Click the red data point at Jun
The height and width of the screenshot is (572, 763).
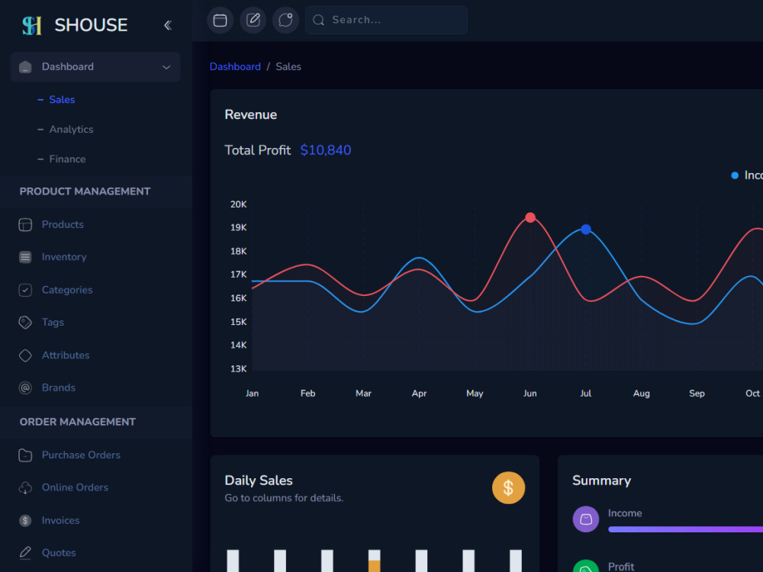pyautogui.click(x=530, y=217)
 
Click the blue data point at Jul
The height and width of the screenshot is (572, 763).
pyautogui.click(x=586, y=229)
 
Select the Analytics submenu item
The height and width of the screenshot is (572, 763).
pyautogui.click(x=71, y=130)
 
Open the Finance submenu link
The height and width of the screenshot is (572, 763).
pyautogui.click(x=67, y=159)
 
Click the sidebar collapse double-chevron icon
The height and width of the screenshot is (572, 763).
pyautogui.click(x=168, y=25)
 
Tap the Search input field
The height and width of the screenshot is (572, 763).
pyautogui.click(x=386, y=20)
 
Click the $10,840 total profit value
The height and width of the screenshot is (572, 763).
pyautogui.click(x=326, y=149)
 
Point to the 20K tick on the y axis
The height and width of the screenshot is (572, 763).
pyautogui.click(x=238, y=204)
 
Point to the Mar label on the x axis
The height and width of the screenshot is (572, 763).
pyautogui.click(x=363, y=393)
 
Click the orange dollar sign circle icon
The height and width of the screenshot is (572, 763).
pyautogui.click(x=508, y=488)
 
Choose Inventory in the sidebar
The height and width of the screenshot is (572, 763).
pyautogui.click(x=64, y=257)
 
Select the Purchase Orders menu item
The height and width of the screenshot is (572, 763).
pyautogui.click(x=81, y=455)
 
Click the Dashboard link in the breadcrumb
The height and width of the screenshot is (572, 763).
pyautogui.click(x=235, y=66)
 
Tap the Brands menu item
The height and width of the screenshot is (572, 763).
pyautogui.click(x=59, y=387)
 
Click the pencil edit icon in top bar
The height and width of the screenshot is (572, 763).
pyautogui.click(x=253, y=20)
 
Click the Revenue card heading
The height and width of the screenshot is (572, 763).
pyautogui.click(x=250, y=115)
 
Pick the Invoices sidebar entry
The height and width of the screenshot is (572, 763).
pyautogui.click(x=60, y=520)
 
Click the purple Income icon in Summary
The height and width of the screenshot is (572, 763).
pyautogui.click(x=586, y=519)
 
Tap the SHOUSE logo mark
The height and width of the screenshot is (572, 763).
pyautogui.click(x=32, y=25)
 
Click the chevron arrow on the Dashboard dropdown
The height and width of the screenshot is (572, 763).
pyautogui.click(x=166, y=67)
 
